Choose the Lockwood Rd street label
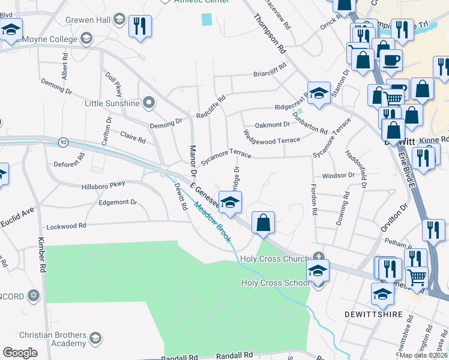66,226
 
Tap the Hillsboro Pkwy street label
103,186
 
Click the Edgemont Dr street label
118,202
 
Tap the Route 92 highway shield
64,142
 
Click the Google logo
20,352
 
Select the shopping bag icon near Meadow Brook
263,223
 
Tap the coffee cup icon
390,60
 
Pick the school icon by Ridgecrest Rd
319,93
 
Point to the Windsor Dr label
338,175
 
